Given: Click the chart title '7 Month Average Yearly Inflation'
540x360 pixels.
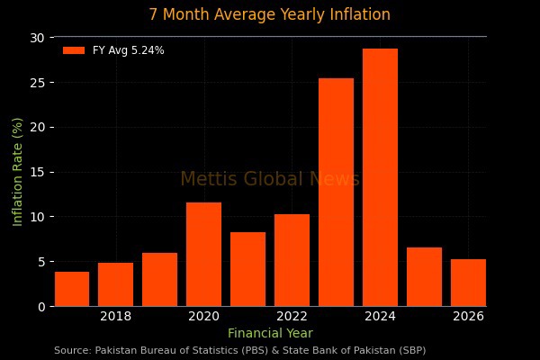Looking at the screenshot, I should (x=270, y=14).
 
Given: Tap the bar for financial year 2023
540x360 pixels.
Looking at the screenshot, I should (x=336, y=193).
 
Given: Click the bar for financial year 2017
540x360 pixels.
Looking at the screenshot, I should (x=72, y=289).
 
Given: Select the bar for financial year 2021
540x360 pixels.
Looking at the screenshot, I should (x=247, y=269).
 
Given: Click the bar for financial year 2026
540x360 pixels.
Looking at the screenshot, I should (x=468, y=283).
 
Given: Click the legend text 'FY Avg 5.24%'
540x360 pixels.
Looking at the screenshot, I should (x=129, y=50).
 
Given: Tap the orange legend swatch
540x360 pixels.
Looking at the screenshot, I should (x=74, y=50).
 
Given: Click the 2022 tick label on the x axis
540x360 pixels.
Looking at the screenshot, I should (x=292, y=316).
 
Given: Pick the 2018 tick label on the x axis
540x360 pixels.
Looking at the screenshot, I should (x=115, y=316).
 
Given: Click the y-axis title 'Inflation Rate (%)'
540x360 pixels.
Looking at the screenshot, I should (x=18, y=172).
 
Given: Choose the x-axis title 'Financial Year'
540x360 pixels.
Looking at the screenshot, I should (x=270, y=333).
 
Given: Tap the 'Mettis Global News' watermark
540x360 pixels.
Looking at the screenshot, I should (x=270, y=179).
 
